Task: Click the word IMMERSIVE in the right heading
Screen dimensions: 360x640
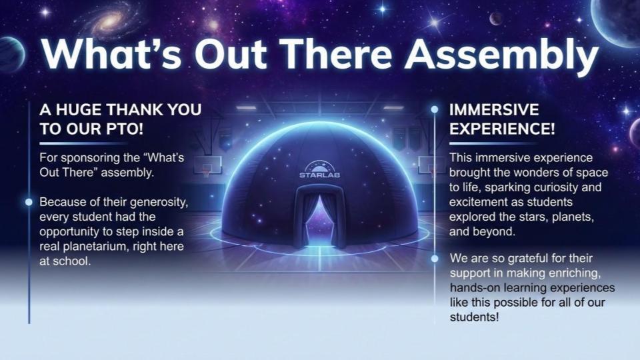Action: point(494,110)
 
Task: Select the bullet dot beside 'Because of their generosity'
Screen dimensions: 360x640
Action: point(29,201)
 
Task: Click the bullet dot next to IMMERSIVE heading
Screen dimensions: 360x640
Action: point(435,109)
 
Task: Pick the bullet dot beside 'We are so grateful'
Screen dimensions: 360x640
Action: point(435,258)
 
